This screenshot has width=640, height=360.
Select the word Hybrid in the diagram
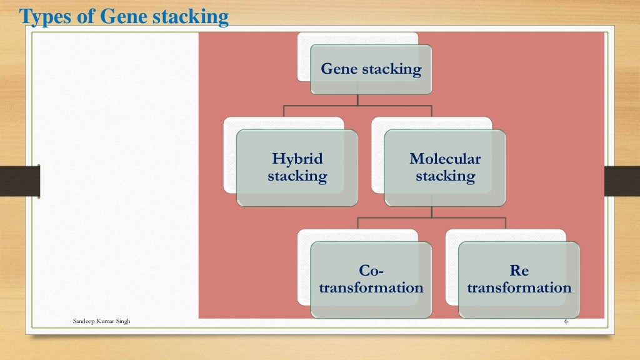297,159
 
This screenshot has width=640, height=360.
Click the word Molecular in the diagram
445,159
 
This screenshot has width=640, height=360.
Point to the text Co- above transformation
371,271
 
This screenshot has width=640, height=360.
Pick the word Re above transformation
519,271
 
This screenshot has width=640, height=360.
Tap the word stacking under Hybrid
297,176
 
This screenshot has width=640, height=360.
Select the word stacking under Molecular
445,176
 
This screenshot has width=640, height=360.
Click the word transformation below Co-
371,288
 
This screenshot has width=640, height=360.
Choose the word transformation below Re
519,288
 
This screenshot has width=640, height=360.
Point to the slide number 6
566,321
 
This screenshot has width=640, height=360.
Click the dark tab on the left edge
19,181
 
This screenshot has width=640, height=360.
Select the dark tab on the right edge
622,181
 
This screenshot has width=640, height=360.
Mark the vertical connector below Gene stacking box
357,100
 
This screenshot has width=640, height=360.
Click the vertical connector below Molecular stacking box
431,212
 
